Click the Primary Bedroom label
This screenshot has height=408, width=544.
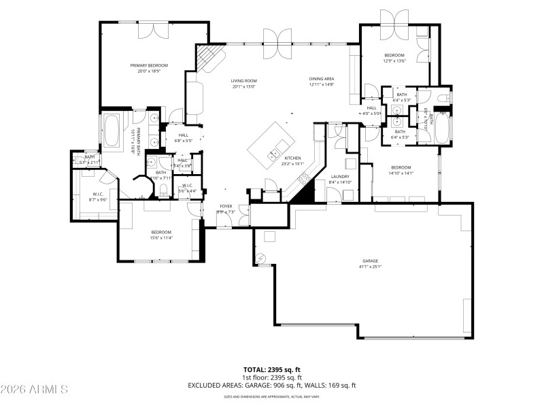pos(149,65)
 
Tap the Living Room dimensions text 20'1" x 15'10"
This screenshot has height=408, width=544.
pos(244,86)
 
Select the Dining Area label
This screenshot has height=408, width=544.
pos(322,79)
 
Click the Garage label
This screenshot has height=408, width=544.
pos(370,260)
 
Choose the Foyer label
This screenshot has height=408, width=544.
pos(226,206)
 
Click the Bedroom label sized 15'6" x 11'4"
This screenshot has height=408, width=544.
pos(160,233)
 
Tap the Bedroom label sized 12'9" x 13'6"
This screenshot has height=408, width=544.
pos(394,55)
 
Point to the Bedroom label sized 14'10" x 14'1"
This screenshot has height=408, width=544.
pos(401,167)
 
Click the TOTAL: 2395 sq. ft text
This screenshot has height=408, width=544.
pos(271,369)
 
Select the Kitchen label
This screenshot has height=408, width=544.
pos(292,158)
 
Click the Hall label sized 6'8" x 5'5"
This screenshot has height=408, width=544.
pos(183,135)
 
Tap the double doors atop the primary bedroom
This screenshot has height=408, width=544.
pos(153,30)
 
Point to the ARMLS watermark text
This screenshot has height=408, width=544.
pos(34,390)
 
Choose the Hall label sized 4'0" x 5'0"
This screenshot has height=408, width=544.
pos(372,108)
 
